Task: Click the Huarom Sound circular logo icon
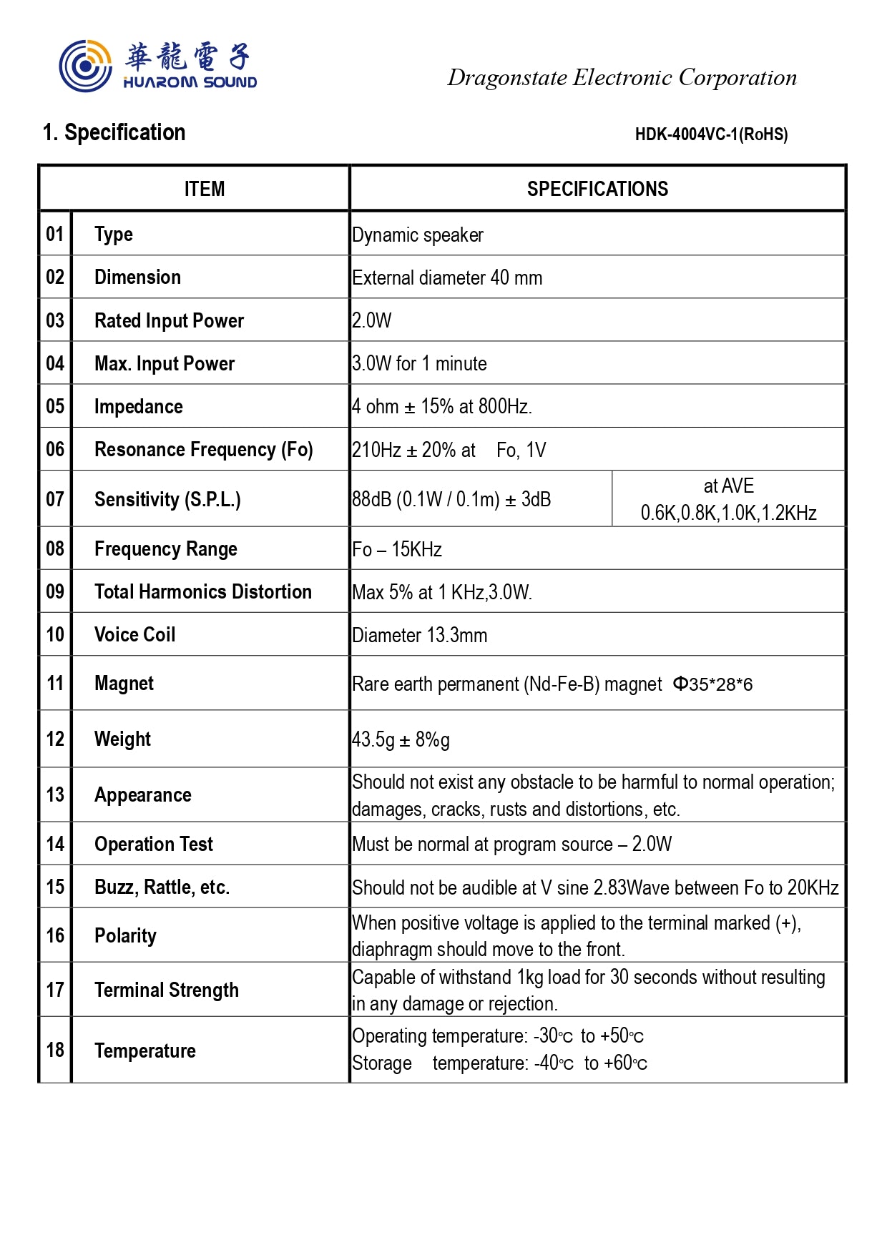tap(85, 66)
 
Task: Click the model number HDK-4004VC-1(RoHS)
tap(711, 134)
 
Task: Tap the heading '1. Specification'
tap(114, 132)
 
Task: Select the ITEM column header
tap(205, 189)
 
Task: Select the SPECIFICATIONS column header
tap(597, 189)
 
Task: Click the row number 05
tap(55, 406)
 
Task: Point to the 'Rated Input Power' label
tap(169, 320)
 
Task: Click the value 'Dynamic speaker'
tap(418, 235)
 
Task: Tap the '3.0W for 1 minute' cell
tap(419, 363)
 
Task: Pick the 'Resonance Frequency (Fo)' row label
tap(203, 449)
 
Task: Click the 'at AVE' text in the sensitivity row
tap(728, 486)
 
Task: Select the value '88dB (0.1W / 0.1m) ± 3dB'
tap(451, 499)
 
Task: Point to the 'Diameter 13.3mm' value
tap(419, 635)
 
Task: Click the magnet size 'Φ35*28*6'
tap(712, 684)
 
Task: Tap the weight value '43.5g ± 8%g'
tap(401, 739)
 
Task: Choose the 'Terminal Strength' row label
tap(166, 990)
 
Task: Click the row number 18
tap(55, 1050)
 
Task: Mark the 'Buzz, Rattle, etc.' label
tap(162, 887)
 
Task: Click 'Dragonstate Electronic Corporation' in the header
tap(622, 77)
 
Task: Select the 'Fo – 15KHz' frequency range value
tap(397, 549)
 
